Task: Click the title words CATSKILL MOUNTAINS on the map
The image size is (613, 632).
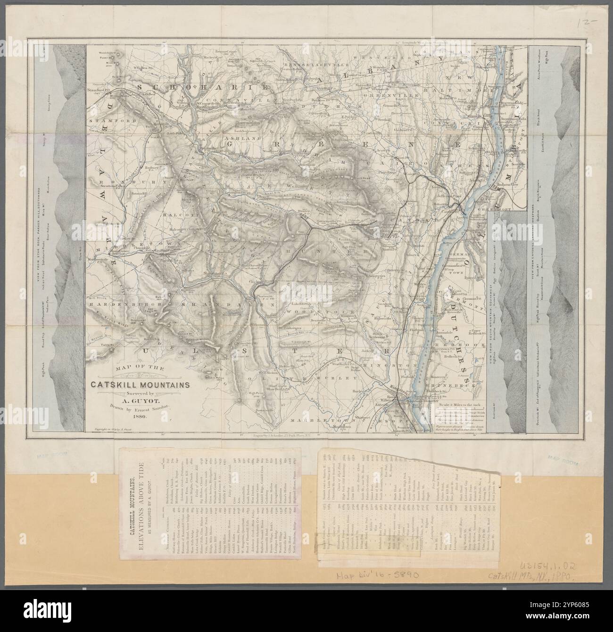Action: point(138,385)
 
